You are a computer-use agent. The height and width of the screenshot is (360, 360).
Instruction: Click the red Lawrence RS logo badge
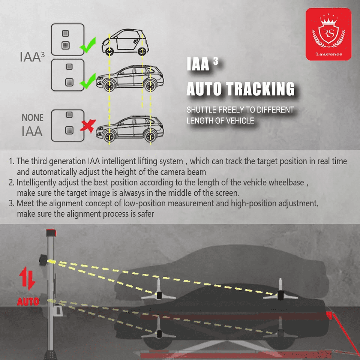click(x=328, y=34)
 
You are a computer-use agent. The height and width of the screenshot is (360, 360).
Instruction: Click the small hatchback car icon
click(x=125, y=42)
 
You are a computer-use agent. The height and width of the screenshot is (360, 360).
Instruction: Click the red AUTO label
click(x=28, y=301)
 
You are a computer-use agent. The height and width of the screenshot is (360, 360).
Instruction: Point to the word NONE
click(x=32, y=118)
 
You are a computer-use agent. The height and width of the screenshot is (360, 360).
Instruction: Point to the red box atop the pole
click(x=51, y=233)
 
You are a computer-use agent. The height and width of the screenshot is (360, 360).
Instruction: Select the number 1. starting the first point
click(x=12, y=162)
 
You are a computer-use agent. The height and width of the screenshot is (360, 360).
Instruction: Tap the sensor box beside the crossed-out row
click(x=67, y=125)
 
